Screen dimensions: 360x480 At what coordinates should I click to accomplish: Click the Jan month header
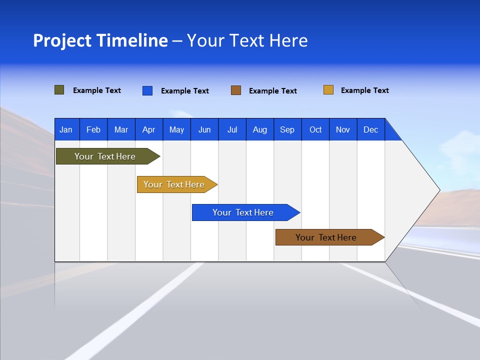(x=66, y=129)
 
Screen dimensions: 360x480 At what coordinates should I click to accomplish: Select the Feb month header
(x=93, y=129)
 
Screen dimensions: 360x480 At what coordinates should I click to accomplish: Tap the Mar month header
(x=121, y=129)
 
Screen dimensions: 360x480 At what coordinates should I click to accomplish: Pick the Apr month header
(x=149, y=129)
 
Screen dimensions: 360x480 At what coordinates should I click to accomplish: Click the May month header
(x=176, y=129)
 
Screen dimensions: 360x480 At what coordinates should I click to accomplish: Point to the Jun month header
(x=204, y=129)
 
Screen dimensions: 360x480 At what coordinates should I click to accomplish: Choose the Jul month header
(x=232, y=129)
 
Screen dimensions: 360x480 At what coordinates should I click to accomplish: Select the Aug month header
(x=260, y=129)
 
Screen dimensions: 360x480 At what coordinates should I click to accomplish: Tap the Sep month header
(x=287, y=129)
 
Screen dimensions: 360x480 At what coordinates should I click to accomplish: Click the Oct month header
(x=315, y=129)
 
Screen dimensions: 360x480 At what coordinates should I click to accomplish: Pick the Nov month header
(x=343, y=129)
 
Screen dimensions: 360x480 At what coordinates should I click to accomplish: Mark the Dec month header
(x=371, y=129)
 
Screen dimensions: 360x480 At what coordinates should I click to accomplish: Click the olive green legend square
(x=59, y=90)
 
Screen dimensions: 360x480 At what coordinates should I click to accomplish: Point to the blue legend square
(x=147, y=90)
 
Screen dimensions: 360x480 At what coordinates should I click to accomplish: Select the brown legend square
(x=236, y=90)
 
